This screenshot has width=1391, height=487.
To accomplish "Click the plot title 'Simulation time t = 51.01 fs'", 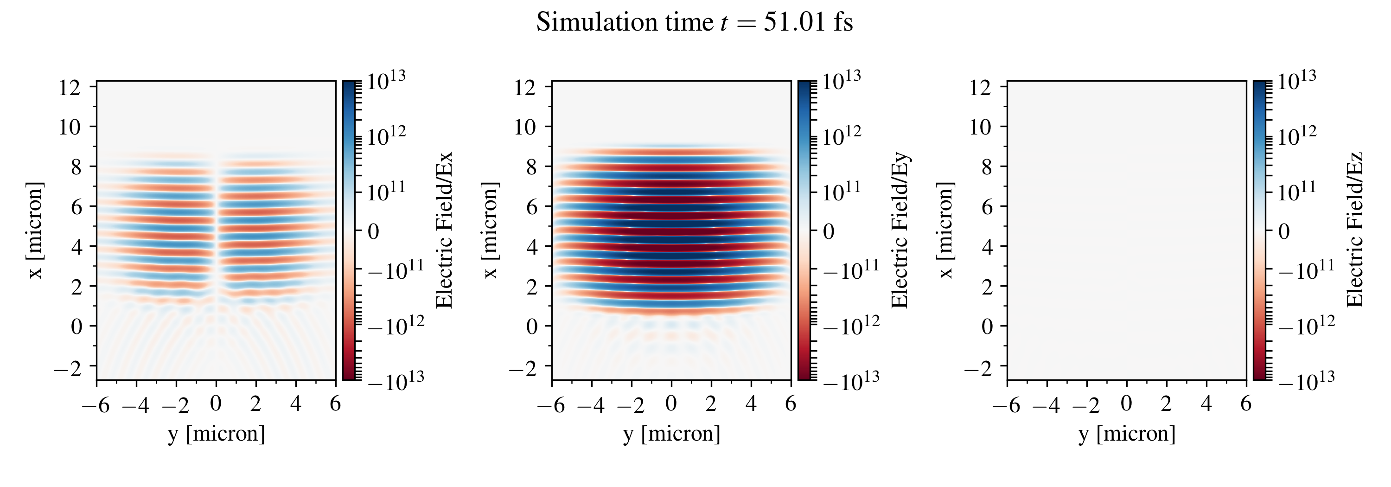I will pos(695,23).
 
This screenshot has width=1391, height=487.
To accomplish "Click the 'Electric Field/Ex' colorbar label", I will pos(444,230).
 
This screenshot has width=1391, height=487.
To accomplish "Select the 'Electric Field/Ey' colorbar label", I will pos(900,230).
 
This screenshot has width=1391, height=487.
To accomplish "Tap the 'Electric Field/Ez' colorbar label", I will pos(1355,230).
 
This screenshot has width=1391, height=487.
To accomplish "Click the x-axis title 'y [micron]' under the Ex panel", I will pos(217,434).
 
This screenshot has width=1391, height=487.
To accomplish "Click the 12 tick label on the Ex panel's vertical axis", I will pos(69,87).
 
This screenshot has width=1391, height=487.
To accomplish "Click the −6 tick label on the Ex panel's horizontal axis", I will pos(95,404).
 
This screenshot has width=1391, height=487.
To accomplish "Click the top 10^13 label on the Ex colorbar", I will pos(386,81).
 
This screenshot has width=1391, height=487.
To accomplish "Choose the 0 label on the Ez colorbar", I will pos(1284,231).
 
